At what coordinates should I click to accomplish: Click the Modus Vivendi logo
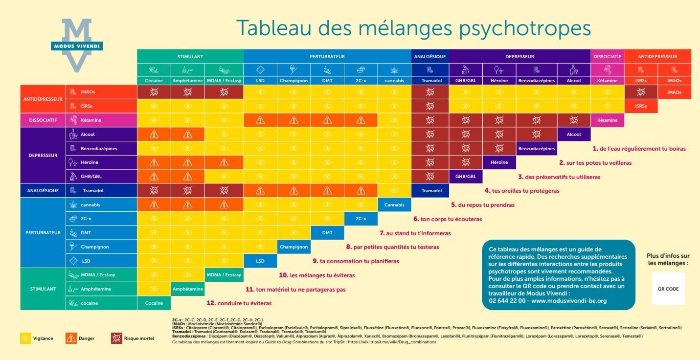(77, 45)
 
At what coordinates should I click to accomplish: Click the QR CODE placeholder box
(668, 289)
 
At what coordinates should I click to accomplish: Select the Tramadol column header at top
(430, 81)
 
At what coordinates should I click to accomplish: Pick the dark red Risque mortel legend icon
(116, 338)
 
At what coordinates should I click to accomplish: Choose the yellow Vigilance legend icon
(25, 338)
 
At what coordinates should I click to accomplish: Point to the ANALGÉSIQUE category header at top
(430, 57)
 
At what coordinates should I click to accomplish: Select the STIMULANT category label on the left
(43, 289)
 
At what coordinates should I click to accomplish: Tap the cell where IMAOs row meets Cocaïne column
(154, 91)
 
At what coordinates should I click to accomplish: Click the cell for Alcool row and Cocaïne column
(154, 134)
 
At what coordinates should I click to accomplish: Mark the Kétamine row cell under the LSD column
(260, 120)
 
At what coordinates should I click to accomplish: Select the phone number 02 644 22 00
(507, 301)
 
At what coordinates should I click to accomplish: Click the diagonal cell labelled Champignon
(294, 247)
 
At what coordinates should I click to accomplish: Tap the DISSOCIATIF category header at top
(607, 57)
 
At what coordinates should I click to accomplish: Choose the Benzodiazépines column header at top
(537, 81)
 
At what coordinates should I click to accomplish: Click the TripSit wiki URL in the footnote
(395, 342)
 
